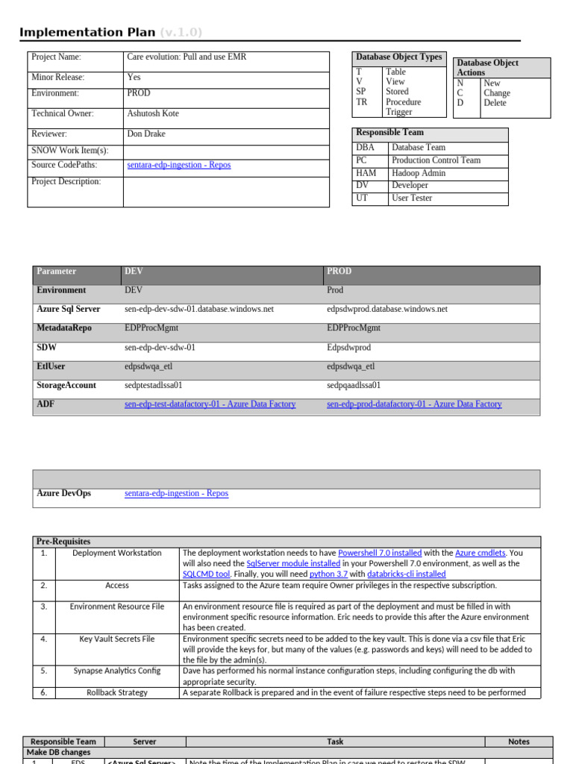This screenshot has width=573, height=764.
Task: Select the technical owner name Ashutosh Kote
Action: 153,114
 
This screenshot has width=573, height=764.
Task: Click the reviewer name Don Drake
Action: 146,134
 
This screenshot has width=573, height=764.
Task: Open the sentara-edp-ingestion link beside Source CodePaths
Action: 179,166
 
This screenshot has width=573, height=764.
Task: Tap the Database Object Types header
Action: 398,57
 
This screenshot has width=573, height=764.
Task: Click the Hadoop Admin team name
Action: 419,173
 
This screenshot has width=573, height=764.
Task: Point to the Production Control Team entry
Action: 436,160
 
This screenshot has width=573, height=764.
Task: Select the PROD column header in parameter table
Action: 339,272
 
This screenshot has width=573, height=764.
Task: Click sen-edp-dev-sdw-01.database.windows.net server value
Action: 199,309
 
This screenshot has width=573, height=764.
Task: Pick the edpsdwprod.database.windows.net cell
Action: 387,309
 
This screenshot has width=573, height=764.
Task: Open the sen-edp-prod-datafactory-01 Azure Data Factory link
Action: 414,404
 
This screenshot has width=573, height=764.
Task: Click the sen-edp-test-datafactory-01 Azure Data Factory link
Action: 210,404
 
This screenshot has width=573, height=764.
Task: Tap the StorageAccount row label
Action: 66,386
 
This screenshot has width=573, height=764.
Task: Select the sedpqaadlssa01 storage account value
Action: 354,386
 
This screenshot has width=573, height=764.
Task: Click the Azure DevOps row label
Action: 64,494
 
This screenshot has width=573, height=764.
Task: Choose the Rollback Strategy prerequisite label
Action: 117,692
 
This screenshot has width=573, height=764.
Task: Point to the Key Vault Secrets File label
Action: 117,639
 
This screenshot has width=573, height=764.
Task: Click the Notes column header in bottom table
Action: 519,742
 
